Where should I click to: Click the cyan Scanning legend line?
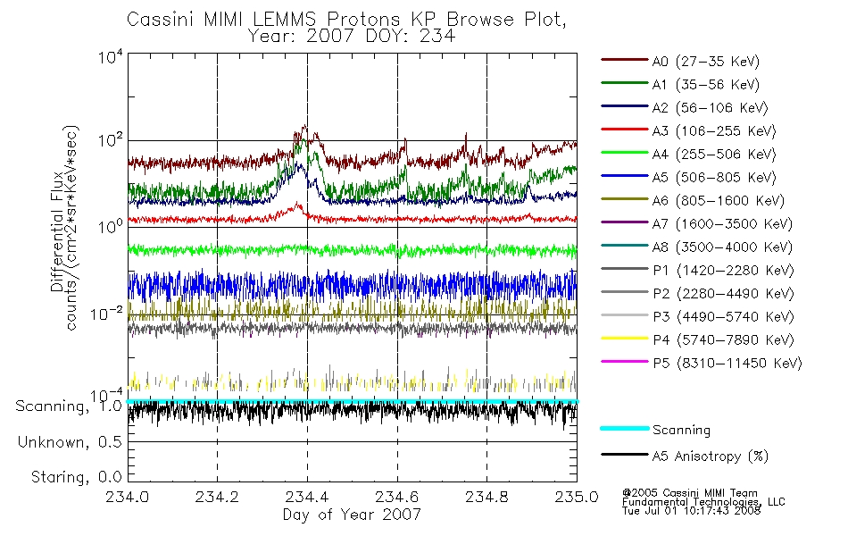pos(625,428)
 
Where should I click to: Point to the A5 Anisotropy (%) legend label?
pos(711,456)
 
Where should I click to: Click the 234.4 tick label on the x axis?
pos(307,497)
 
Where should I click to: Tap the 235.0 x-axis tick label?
pos(577,497)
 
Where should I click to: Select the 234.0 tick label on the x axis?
pos(127,497)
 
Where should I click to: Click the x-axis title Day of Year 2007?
pos(352,515)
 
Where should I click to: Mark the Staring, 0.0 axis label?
pos(76,477)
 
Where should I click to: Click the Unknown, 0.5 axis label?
pos(70,442)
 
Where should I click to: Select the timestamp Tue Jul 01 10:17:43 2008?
pos(691,511)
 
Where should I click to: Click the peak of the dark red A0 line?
pos(305,126)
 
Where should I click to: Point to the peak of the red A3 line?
pos(298,203)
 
